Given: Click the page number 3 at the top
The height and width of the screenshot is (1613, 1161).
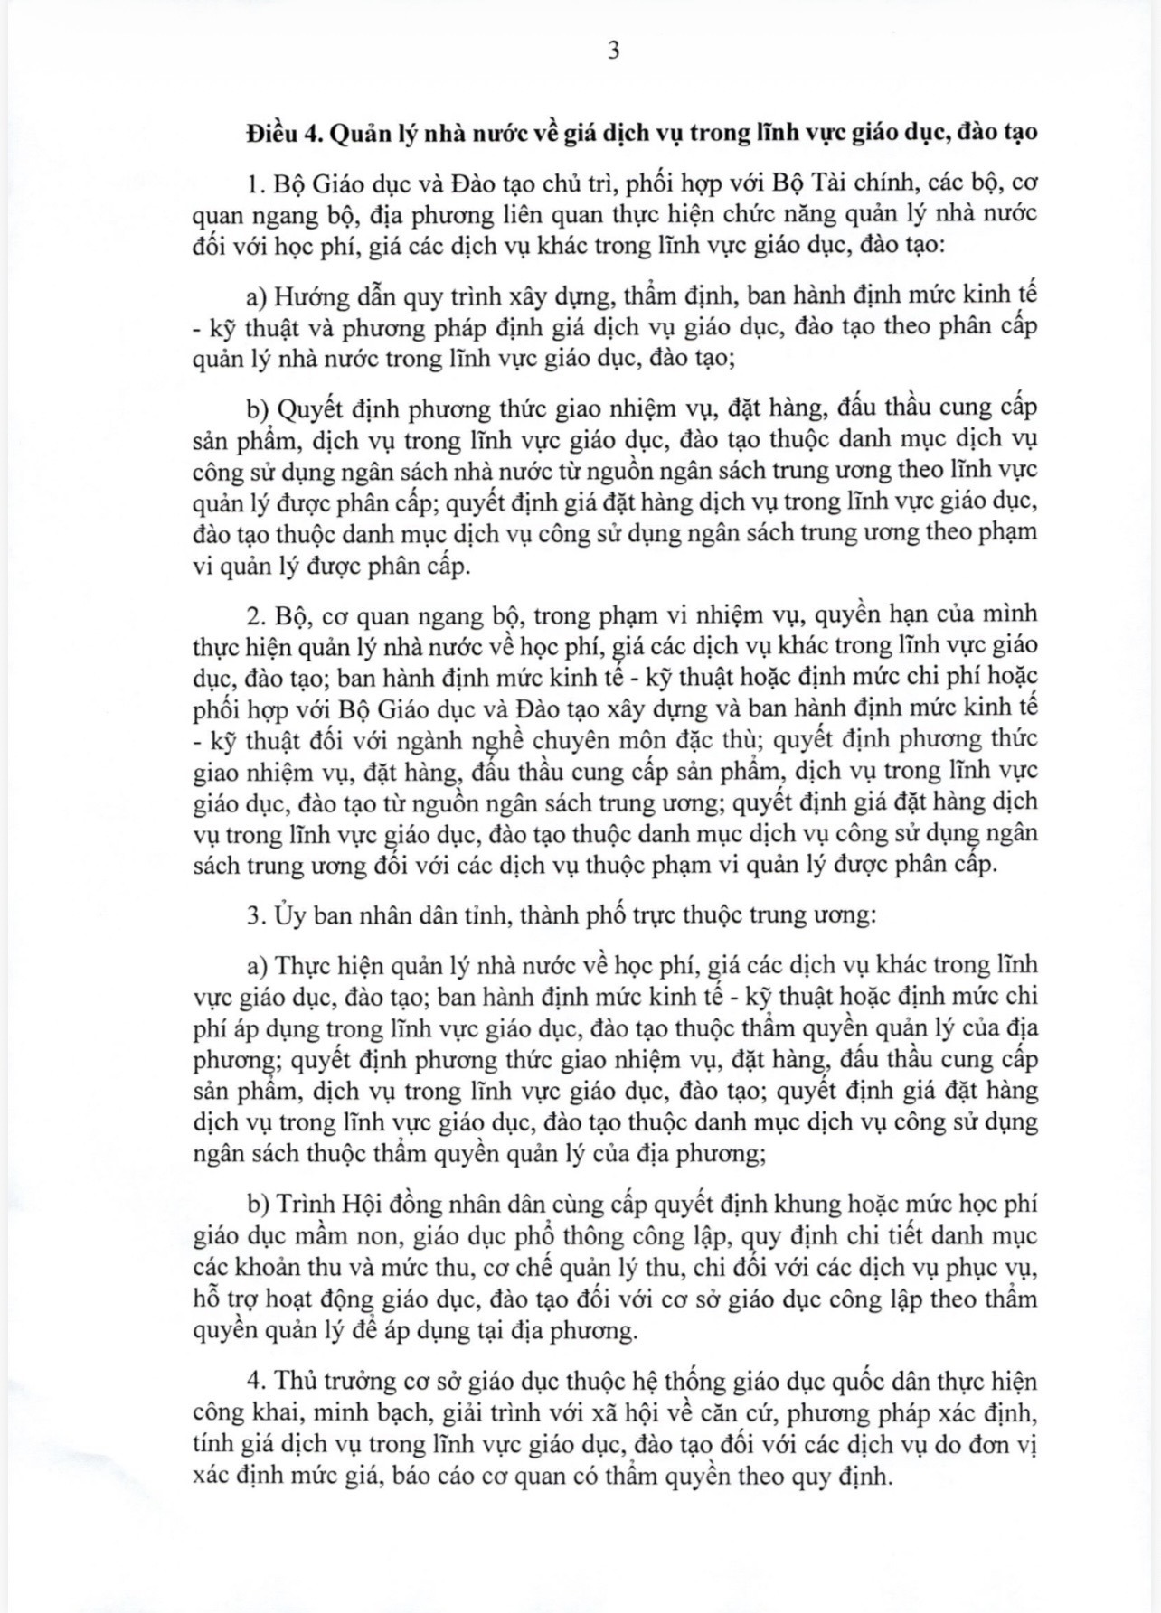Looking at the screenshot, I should pyautogui.click(x=614, y=52).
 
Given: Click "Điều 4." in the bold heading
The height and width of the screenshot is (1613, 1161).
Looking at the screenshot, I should pyautogui.click(x=284, y=134).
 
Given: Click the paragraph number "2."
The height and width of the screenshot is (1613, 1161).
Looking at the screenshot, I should pyautogui.click(x=254, y=614).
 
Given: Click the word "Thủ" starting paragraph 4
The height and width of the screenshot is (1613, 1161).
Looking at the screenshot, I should pyautogui.click(x=288, y=1381).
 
